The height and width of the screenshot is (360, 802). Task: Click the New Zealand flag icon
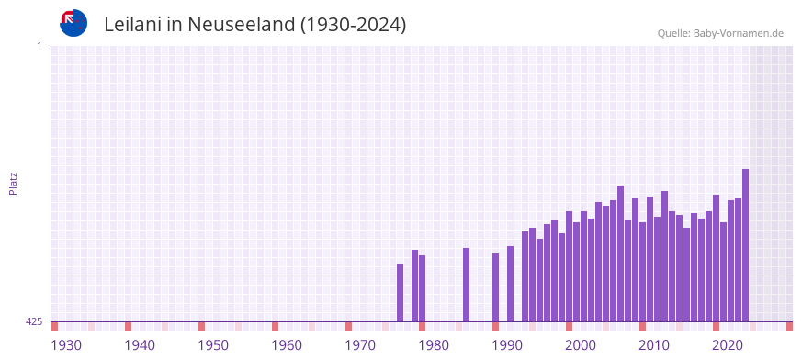(x=73, y=23)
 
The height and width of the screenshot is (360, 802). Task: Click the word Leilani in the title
(x=134, y=25)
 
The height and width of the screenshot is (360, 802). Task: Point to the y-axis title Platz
(x=13, y=183)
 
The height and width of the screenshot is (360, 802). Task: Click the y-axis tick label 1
(x=39, y=46)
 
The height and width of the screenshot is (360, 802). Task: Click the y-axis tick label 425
(x=34, y=321)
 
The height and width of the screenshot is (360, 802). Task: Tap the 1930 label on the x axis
(x=66, y=345)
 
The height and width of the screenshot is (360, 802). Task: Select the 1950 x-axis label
(x=213, y=345)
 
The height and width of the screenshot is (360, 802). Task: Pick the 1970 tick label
(x=360, y=345)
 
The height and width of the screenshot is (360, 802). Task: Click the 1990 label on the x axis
(x=507, y=345)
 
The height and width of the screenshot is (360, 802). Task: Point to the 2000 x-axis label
(x=581, y=345)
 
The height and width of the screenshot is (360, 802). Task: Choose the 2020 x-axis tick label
(x=728, y=345)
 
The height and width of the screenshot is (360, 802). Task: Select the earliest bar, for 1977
(x=400, y=293)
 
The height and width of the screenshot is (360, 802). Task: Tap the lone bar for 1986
(x=466, y=285)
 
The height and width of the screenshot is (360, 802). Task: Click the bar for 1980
(x=422, y=288)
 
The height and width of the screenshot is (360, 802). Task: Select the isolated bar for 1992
(x=510, y=284)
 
